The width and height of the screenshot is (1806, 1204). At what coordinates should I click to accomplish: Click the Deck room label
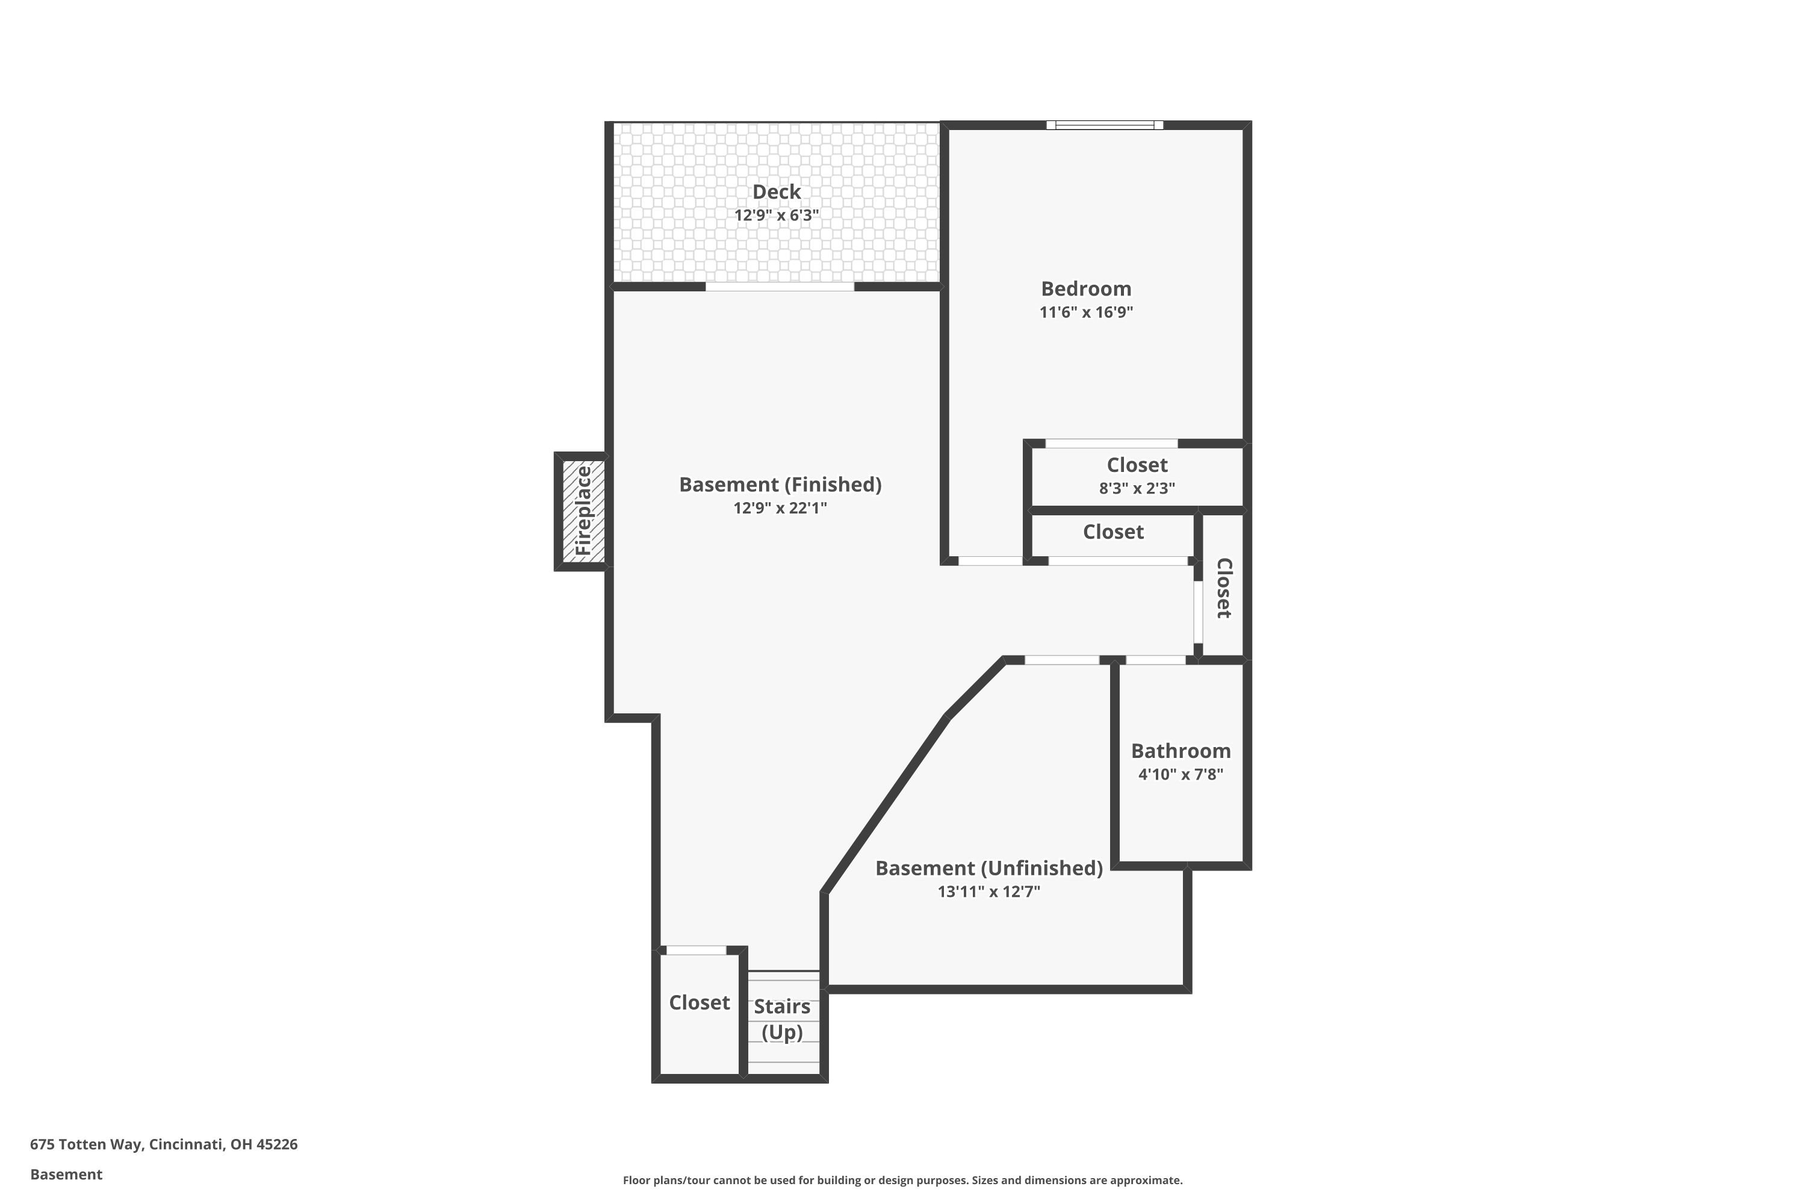coord(777,192)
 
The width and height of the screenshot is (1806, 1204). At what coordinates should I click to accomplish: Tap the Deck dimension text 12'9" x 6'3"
coord(777,215)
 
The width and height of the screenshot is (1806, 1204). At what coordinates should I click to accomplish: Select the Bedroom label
coord(1086,289)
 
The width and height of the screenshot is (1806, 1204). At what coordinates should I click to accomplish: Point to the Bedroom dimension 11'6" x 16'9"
coord(1086,312)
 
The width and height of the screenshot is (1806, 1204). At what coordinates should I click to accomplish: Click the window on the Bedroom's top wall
coord(1104,125)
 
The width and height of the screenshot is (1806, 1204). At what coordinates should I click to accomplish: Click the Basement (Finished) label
coord(780,485)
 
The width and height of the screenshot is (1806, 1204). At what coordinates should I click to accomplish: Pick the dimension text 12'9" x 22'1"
coord(780,507)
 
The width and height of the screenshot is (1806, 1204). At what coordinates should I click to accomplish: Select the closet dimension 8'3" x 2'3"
coord(1137,488)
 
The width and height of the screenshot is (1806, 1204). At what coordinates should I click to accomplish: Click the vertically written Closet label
coord(1224,588)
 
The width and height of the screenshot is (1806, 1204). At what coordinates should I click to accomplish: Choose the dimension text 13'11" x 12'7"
coord(989,892)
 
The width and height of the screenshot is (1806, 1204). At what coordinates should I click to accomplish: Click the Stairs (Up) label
coord(781,1019)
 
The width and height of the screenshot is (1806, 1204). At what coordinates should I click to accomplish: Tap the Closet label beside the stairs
coord(699,1003)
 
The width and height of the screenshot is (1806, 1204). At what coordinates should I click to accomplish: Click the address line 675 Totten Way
coord(164,1144)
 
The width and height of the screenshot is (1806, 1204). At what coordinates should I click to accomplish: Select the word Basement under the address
coord(66,1174)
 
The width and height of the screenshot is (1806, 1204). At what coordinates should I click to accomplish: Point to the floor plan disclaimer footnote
coord(902,1180)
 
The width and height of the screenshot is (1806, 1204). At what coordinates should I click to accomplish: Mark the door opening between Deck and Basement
coord(780,287)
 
